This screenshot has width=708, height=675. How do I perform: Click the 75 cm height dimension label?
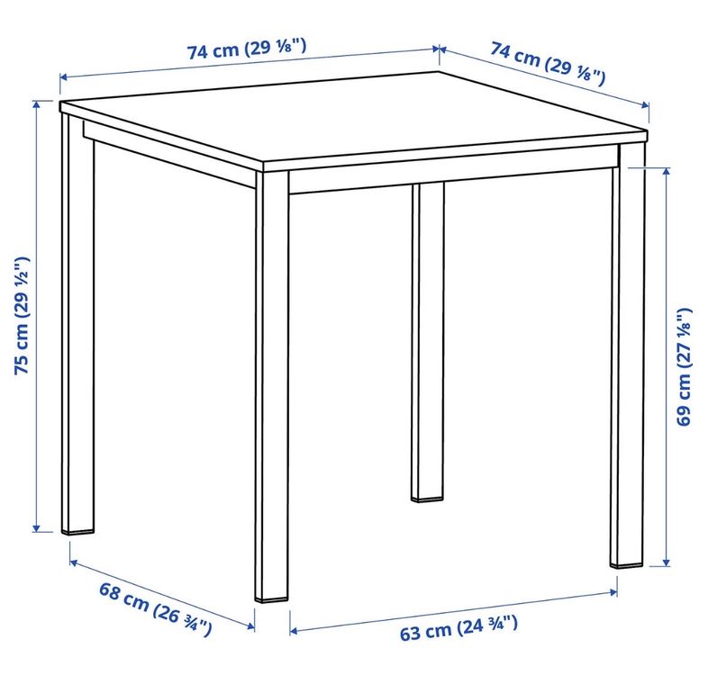[22, 316]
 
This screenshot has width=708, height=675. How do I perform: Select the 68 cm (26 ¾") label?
[155, 609]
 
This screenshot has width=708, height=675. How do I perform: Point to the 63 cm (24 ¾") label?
[458, 627]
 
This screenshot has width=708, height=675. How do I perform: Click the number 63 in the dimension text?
[410, 634]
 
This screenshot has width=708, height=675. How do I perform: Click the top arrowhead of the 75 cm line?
[37, 104]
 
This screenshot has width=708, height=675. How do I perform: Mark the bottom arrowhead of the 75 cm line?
[37, 528]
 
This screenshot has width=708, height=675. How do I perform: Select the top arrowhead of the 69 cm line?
[666, 172]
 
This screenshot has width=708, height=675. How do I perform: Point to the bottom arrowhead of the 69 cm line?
[666, 562]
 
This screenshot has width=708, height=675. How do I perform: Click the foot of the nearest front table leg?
[271, 598]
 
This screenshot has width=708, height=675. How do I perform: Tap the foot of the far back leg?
[427, 499]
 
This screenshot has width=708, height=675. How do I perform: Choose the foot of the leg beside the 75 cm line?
[77, 531]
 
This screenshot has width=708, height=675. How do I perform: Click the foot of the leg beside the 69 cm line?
[626, 563]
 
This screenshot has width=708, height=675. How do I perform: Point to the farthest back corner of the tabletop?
[439, 72]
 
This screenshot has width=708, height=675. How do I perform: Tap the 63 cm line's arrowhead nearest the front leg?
[294, 631]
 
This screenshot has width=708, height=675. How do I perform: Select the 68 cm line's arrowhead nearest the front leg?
[250, 625]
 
